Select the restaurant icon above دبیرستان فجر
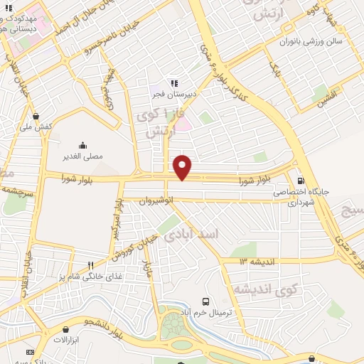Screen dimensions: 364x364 point(173,82)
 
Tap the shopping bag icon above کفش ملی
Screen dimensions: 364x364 point(35,117)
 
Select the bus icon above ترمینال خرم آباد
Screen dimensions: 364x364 point(205,302)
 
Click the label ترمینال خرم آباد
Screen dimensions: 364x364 point(205,312)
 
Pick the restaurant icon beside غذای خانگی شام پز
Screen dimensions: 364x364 point(90,266)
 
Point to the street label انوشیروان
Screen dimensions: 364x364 point(156,200)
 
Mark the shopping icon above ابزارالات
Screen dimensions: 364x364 point(66,330)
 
